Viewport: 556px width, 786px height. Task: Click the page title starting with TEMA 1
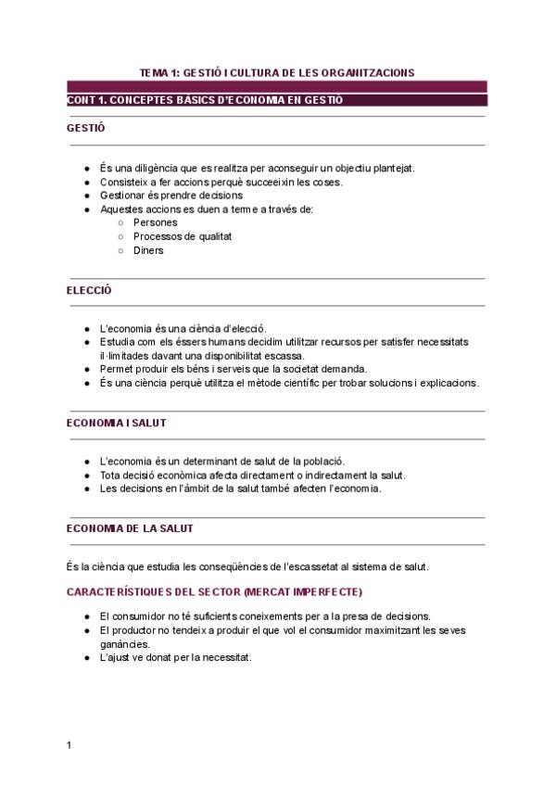point(276,71)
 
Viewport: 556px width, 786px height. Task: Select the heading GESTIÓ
point(85,128)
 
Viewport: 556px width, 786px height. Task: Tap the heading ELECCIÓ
point(89,290)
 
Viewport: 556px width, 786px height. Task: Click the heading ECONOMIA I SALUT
point(117,423)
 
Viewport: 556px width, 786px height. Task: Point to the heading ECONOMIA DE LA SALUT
point(130,528)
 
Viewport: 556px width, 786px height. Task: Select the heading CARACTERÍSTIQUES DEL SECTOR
point(215,591)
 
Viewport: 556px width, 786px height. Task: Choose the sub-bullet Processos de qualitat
point(183,236)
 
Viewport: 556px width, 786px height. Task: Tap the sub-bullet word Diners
point(148,250)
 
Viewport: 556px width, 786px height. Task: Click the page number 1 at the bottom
point(69,744)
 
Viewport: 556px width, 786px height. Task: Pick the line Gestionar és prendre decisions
point(171,196)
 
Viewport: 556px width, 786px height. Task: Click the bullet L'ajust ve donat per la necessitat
point(175,658)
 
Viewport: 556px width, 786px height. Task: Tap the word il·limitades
point(125,355)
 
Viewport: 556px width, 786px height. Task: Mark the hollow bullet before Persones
point(121,223)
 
